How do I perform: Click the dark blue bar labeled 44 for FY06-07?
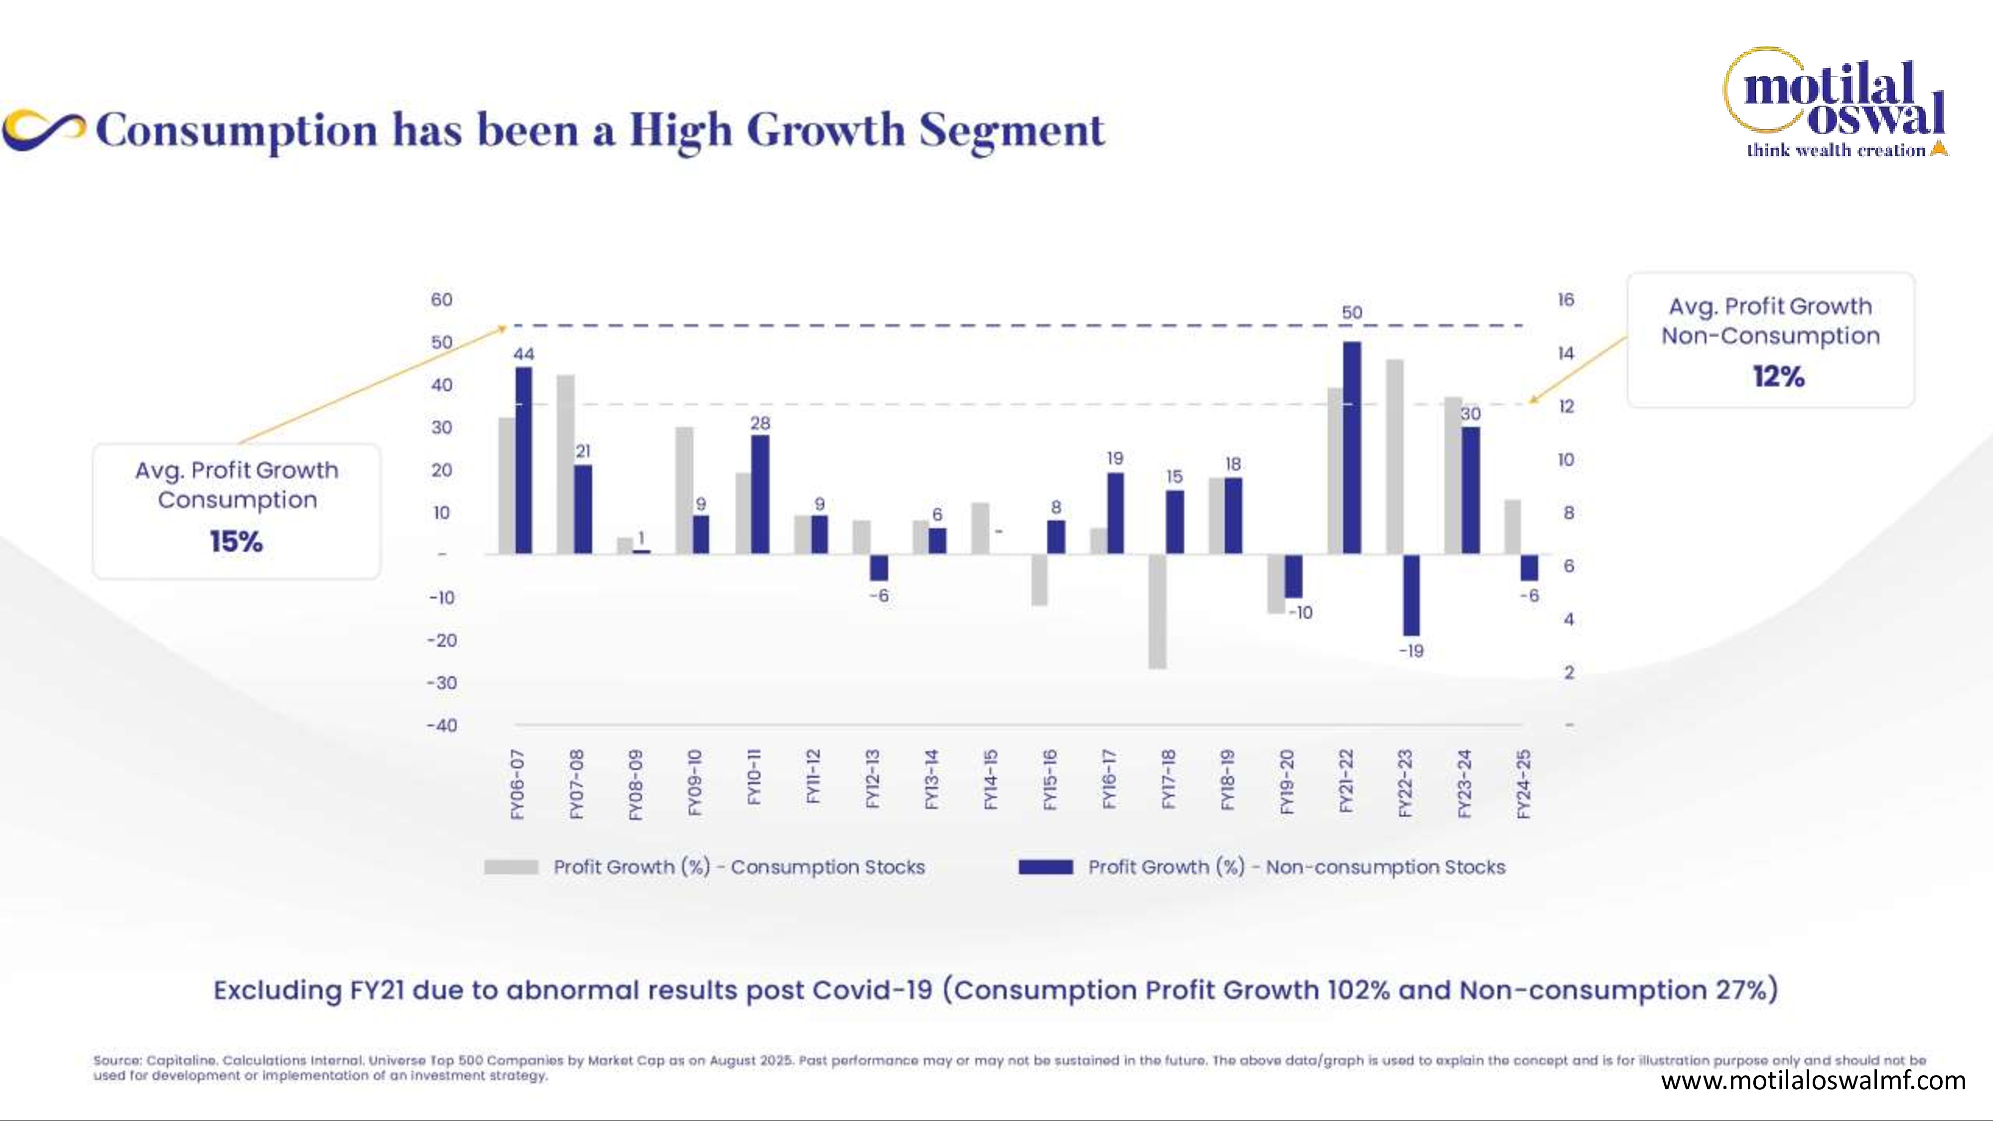(524, 460)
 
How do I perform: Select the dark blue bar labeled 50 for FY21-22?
(1352, 448)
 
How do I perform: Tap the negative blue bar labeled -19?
(1411, 595)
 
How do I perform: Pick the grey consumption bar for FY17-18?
(1157, 611)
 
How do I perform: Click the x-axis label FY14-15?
(991, 779)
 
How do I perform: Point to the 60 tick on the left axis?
(442, 299)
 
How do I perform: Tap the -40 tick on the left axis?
(442, 726)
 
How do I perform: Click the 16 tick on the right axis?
(1566, 299)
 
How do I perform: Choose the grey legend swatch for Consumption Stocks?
(511, 867)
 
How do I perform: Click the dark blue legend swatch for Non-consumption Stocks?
(1046, 867)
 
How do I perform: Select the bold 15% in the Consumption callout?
(237, 542)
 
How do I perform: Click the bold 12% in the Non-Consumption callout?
(1779, 377)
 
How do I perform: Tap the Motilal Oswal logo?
(1835, 103)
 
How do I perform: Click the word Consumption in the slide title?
(237, 130)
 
